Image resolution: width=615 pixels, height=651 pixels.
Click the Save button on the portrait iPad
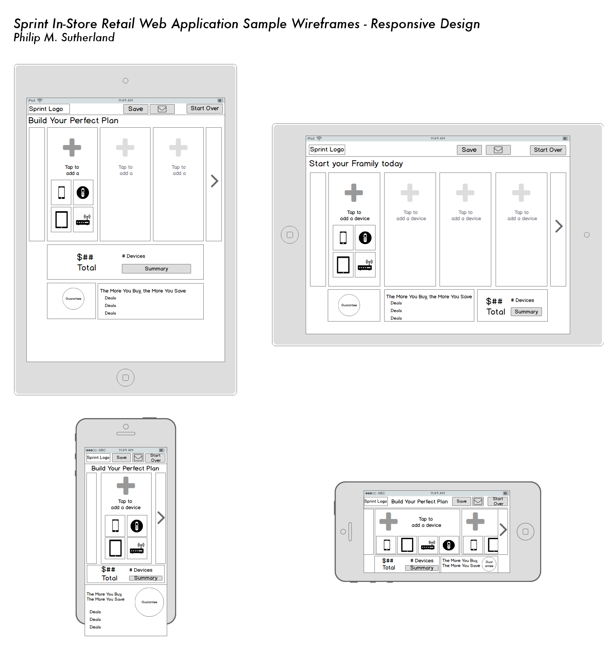[x=136, y=109]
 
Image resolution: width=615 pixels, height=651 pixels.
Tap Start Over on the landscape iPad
[x=548, y=150]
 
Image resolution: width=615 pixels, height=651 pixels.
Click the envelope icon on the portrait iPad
[x=162, y=109]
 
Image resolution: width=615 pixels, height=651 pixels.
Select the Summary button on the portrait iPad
[x=156, y=269]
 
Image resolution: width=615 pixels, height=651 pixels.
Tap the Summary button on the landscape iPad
[x=526, y=312]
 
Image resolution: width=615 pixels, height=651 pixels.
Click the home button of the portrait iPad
[x=126, y=378]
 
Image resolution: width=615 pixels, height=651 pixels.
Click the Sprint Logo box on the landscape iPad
[x=327, y=149]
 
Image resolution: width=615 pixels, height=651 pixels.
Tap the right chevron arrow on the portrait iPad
[x=215, y=181]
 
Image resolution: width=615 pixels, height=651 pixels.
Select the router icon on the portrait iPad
[x=83, y=220]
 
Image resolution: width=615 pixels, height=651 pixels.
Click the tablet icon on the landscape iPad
[x=343, y=265]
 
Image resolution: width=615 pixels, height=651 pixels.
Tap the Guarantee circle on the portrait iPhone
[x=149, y=602]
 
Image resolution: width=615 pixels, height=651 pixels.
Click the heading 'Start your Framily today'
[x=356, y=163]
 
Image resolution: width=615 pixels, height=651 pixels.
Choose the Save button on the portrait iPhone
[x=122, y=458]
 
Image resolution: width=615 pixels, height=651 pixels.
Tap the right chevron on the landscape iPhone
[x=503, y=529]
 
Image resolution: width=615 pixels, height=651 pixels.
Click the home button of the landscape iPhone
[x=526, y=532]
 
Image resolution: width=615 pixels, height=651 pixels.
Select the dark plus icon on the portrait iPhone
[x=126, y=485]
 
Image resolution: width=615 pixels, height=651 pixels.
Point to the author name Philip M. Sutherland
[x=64, y=38]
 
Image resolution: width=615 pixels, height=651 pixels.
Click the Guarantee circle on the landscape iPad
[x=349, y=305]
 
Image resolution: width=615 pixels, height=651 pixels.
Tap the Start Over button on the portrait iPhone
[x=156, y=458]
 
